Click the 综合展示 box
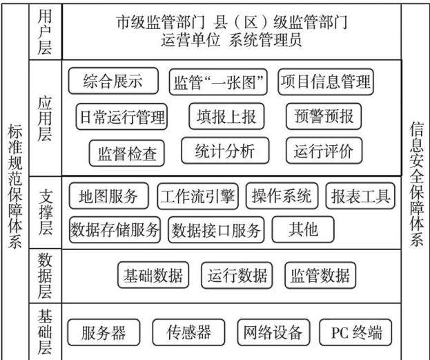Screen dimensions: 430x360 click(113, 81)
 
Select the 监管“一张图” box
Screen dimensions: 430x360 click(218, 82)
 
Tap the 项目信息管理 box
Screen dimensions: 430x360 click(326, 82)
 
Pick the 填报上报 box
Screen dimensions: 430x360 click(226, 116)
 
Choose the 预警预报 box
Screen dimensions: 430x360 click(324, 116)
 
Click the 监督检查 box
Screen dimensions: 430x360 click(127, 153)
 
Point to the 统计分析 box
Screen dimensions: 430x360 click(225, 151)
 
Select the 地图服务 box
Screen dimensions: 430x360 click(109, 196)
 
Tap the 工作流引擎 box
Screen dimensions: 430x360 click(197, 196)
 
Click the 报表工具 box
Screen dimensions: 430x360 click(360, 196)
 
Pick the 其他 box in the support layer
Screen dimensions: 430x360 click(303, 229)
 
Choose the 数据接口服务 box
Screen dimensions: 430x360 click(216, 230)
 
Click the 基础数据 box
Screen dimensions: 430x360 click(153, 275)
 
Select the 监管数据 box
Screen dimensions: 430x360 click(320, 275)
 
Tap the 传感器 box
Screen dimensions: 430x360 click(188, 332)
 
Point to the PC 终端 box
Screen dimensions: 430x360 click(355, 332)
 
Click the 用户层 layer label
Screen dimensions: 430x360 click(45, 32)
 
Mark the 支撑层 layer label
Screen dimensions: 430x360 click(46, 212)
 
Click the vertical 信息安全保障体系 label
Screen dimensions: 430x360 click(417, 184)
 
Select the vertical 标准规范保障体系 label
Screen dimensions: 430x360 click(14, 186)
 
